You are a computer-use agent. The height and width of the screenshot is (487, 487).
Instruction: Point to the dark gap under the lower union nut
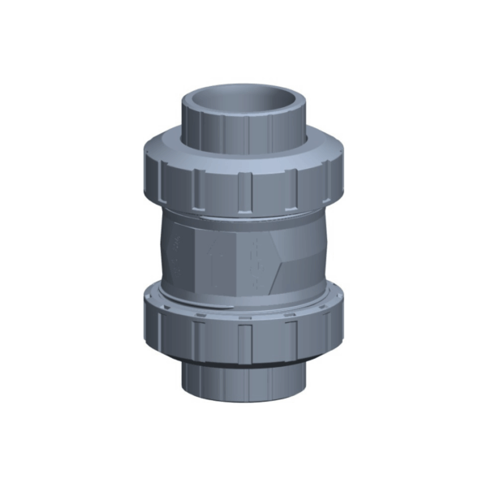point(243,363)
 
